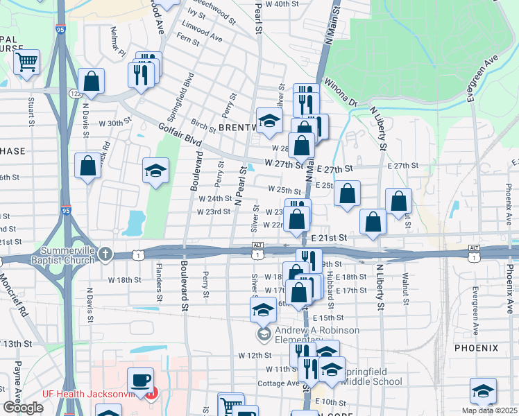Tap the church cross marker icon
click(x=105, y=253)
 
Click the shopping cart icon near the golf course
click(x=27, y=62)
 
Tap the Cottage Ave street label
click(x=278, y=383)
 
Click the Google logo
click(x=23, y=408)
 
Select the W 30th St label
click(x=114, y=123)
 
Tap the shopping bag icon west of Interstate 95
click(x=87, y=166)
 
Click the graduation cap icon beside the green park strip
click(x=156, y=171)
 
